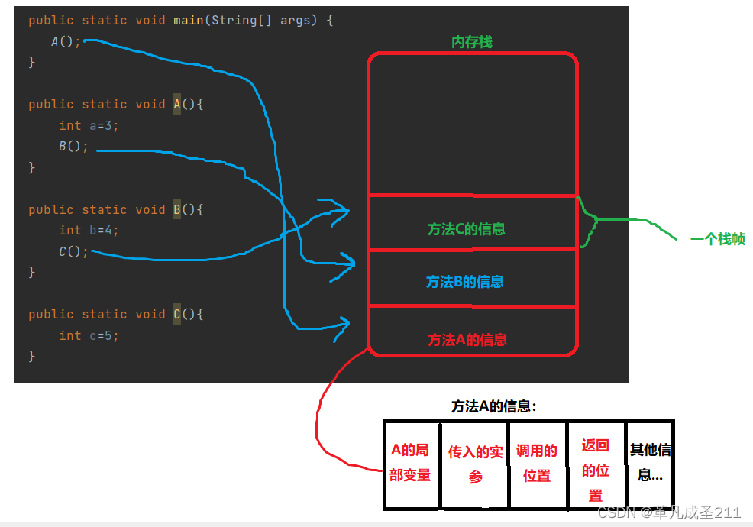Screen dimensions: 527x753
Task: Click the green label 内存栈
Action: pyautogui.click(x=471, y=42)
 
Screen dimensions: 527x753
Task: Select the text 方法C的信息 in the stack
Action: pyautogui.click(x=466, y=229)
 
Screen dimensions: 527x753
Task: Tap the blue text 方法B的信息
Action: pyautogui.click(x=464, y=282)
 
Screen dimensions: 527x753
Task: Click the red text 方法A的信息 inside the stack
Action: pyautogui.click(x=467, y=340)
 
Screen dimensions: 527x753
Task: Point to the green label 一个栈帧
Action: pyautogui.click(x=717, y=239)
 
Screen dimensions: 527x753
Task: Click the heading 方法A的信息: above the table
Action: pyautogui.click(x=493, y=406)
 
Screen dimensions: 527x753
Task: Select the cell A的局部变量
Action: pyautogui.click(x=411, y=463)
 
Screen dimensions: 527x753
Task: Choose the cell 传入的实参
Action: pyautogui.click(x=475, y=464)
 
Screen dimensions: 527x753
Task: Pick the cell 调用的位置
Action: pyautogui.click(x=536, y=463)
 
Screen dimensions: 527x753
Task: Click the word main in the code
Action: pyautogui.click(x=188, y=20)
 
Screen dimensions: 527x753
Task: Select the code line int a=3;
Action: pyautogui.click(x=89, y=125)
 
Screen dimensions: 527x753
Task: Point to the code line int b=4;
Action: pyautogui.click(x=89, y=230)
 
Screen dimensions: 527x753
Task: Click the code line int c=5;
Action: pyautogui.click(x=89, y=335)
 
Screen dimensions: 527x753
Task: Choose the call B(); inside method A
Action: pyautogui.click(x=73, y=147)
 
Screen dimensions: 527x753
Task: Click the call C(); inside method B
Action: pyautogui.click(x=73, y=251)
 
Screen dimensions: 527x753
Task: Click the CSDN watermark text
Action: pyautogui.click(x=669, y=512)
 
